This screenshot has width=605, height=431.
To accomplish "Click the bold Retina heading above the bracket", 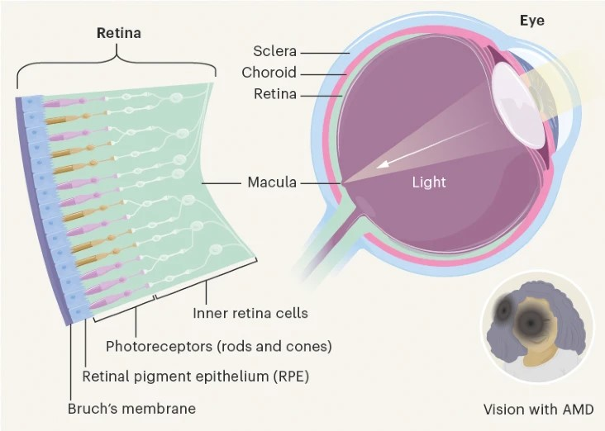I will (x=119, y=34).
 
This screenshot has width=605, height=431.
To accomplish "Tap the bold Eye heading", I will (x=531, y=21).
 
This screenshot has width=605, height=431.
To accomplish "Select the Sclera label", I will (x=275, y=51).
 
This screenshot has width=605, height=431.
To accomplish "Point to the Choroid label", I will (x=269, y=73).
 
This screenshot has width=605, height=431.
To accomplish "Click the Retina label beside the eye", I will (x=275, y=93).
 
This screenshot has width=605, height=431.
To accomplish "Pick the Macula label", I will (x=272, y=182).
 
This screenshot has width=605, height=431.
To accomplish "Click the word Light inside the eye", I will (x=429, y=182).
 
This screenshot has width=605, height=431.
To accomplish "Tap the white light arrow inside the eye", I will (x=405, y=159).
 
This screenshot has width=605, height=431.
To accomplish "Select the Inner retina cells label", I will (x=250, y=313).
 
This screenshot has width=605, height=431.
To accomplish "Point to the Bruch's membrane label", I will (x=131, y=408).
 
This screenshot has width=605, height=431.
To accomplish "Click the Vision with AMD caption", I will (x=538, y=408).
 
